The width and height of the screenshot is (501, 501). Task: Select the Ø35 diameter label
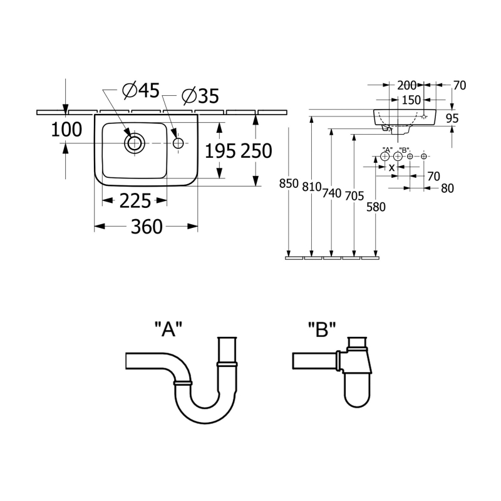point(200,96)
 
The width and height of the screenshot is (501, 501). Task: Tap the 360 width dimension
point(147,227)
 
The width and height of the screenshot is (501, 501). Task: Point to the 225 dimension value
point(135,201)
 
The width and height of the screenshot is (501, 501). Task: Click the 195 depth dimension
point(220,151)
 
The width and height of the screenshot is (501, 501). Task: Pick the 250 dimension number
point(257,151)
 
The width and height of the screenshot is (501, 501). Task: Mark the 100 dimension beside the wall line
point(66,130)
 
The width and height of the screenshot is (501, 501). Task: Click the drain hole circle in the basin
point(134,143)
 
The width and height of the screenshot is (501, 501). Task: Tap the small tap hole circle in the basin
point(178,143)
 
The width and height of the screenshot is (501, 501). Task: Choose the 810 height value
point(311,187)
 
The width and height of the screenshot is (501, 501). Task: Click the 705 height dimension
point(354,195)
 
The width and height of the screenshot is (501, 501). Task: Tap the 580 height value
point(376,207)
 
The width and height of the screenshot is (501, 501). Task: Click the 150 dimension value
point(411,100)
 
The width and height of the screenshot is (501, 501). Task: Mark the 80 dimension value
point(447,189)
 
